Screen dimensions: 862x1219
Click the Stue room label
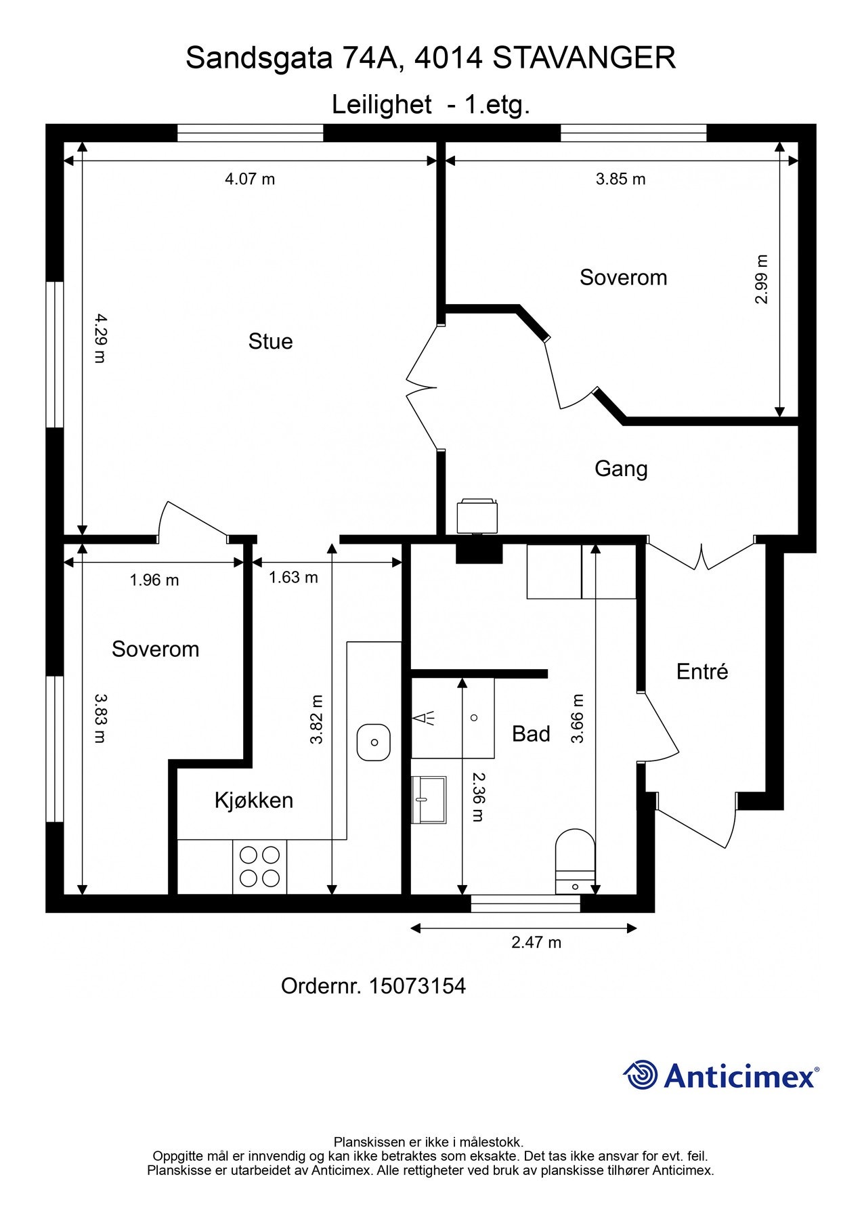tap(270, 341)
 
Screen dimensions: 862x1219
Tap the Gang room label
tap(621, 469)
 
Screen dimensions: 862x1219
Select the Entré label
tap(702, 671)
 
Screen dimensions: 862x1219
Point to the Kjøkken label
tap(254, 800)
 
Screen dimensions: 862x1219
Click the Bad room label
tap(531, 733)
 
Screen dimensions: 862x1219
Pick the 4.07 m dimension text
tap(250, 179)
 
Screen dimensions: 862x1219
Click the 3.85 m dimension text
tap(620, 179)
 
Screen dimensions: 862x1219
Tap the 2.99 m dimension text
tap(762, 279)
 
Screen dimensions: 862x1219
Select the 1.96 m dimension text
tap(154, 580)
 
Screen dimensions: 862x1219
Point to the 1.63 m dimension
tap(293, 578)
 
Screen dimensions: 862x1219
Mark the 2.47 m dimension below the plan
tap(536, 942)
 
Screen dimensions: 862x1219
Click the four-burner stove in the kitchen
tap(260, 867)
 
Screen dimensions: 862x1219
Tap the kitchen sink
tap(374, 742)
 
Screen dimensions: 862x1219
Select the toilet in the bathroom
tap(575, 861)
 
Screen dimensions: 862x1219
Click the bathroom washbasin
tap(429, 799)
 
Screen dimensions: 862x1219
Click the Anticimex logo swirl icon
tap(641, 1075)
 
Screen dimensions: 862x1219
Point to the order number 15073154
tap(417, 986)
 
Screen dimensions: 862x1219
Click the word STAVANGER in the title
tap(584, 58)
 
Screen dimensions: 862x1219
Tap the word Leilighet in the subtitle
tap(381, 105)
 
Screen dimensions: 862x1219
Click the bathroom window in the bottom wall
tap(525, 903)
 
